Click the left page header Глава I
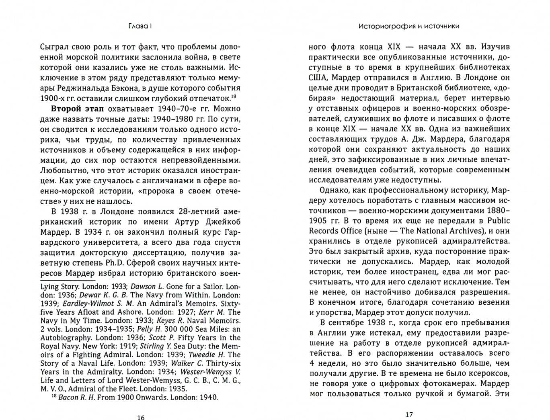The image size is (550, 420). [x=140, y=26]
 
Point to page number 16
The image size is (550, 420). [x=140, y=417]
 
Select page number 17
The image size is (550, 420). [x=409, y=414]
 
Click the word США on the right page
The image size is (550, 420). [x=318, y=77]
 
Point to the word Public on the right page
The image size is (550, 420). [x=498, y=221]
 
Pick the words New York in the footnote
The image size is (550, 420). [x=96, y=346]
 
